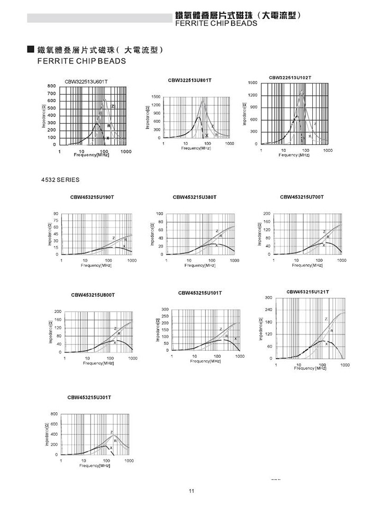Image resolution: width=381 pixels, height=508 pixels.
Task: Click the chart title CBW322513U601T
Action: (86, 81)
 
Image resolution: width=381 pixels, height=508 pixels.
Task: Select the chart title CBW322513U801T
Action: (189, 80)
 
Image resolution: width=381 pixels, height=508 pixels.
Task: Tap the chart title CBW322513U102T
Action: (290, 77)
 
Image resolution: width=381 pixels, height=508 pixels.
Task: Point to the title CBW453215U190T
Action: (92, 197)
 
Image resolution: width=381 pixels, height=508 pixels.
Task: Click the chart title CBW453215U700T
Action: (302, 197)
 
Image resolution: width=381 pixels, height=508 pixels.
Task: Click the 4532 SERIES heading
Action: (60, 180)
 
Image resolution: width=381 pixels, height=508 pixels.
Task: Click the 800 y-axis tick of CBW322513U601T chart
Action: (52, 86)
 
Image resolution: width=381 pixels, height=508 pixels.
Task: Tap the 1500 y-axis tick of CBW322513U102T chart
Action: (253, 83)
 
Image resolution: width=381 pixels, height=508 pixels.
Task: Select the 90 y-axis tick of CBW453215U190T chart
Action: (55, 214)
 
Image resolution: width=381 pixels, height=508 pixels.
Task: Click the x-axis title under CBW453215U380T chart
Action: (199, 265)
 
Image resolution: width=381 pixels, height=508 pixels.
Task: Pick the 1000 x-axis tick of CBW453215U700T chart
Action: (342, 260)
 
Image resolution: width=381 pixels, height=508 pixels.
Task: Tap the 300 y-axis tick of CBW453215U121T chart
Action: (269, 298)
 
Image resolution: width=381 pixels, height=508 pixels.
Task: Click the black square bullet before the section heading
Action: (31, 50)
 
